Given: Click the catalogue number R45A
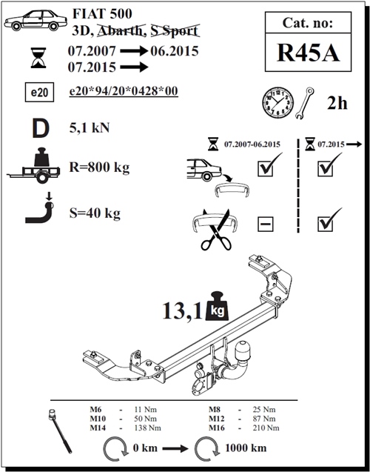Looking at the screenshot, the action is click(308, 53).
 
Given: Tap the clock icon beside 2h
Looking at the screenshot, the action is click(277, 102).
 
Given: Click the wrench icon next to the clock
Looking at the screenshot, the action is click(304, 103).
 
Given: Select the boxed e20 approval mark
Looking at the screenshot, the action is click(39, 92).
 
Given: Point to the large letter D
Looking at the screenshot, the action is click(41, 128).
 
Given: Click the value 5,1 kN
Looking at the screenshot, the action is click(90, 128).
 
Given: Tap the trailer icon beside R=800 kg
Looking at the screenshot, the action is click(33, 165).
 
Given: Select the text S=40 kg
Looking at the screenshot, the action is click(95, 213).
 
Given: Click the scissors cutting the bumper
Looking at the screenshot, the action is click(216, 230).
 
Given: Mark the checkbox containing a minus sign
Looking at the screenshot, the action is click(266, 224).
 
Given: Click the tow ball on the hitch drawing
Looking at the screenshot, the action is click(243, 350).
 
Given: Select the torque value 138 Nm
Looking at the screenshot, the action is click(148, 428).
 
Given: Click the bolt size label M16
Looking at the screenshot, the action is click(217, 428).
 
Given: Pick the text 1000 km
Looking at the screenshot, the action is click(246, 448).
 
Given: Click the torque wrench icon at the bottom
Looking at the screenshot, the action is click(60, 431).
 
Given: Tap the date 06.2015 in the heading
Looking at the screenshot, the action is click(175, 51).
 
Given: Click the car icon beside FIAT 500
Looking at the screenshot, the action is click(36, 20).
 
